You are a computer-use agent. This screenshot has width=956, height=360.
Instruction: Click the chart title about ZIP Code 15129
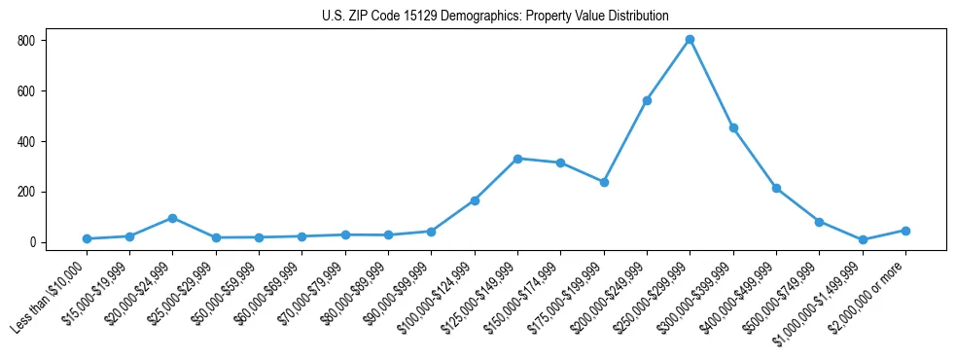click(x=495, y=17)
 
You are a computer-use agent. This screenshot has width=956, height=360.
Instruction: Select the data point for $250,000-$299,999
click(x=690, y=40)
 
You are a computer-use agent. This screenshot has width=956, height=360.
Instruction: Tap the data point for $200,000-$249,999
click(x=647, y=100)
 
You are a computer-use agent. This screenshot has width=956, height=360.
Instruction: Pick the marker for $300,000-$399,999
click(x=733, y=127)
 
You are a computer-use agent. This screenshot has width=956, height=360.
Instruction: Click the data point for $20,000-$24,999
click(x=172, y=218)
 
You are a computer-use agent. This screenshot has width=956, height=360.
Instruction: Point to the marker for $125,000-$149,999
click(x=517, y=159)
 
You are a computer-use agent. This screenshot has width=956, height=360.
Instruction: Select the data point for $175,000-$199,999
click(x=604, y=182)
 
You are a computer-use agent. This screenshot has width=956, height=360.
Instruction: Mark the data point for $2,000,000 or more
click(x=905, y=231)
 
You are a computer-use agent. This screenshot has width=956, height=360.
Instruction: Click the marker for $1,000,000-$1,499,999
click(x=863, y=239)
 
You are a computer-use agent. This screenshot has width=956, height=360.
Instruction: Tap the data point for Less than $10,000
click(x=87, y=238)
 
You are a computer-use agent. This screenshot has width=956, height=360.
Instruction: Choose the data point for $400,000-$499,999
click(x=776, y=188)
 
